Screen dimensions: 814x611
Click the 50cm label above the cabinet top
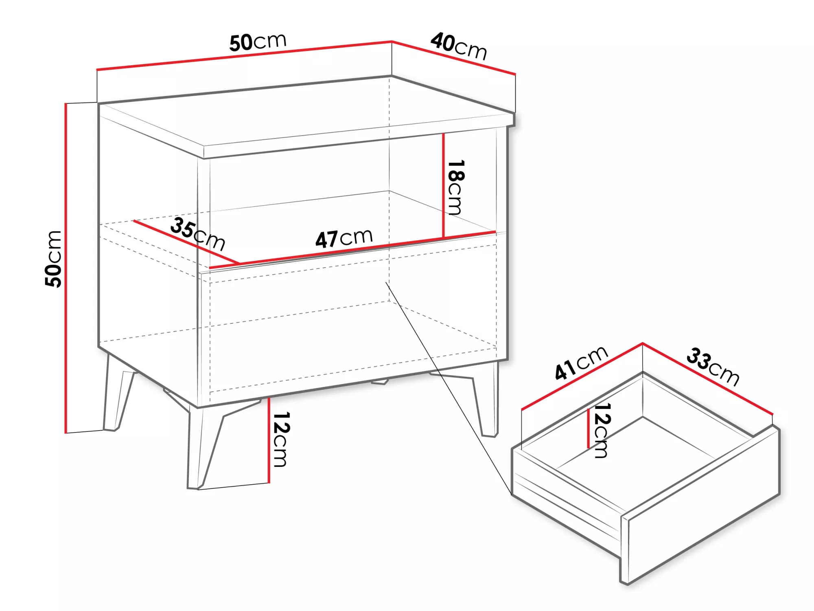(x=258, y=42)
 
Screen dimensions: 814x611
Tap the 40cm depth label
(x=459, y=46)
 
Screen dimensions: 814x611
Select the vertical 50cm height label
(x=53, y=259)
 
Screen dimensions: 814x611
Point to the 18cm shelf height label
(x=456, y=187)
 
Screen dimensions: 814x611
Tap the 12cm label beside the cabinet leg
(x=281, y=439)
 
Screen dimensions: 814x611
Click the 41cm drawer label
(x=581, y=363)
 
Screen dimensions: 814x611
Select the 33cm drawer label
(x=713, y=366)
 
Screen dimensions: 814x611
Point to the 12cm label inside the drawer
(x=602, y=431)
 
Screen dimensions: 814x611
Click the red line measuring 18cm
(x=443, y=185)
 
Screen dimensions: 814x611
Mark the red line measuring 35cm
(x=186, y=242)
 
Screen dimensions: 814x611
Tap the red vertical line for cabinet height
(x=66, y=268)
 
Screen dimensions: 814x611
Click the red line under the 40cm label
(x=454, y=58)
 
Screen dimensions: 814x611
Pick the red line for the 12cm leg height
(x=269, y=440)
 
